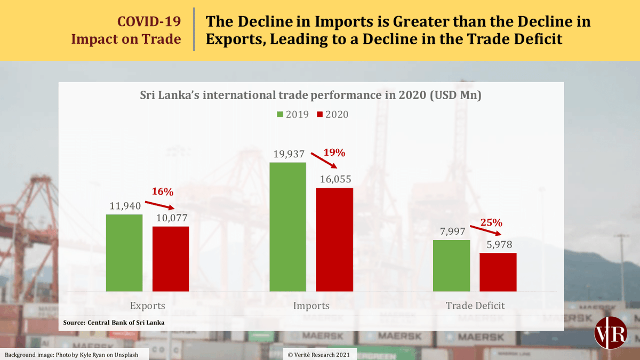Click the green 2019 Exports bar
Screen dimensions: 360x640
(124, 253)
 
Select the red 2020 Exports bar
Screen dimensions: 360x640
(171, 259)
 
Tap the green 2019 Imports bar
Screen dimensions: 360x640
(287, 227)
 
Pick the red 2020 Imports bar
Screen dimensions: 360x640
(334, 239)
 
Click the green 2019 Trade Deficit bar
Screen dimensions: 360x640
(451, 266)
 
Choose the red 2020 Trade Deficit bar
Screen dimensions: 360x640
(498, 272)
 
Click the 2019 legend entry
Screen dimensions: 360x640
(293, 115)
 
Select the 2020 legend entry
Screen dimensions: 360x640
(332, 115)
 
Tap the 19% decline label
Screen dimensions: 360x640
(335, 153)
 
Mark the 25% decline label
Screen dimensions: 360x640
(492, 222)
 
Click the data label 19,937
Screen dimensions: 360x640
(288, 155)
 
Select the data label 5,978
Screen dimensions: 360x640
(498, 245)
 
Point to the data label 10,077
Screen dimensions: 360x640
(171, 218)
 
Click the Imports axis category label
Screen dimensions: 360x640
(311, 306)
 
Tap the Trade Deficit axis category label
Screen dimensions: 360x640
(475, 306)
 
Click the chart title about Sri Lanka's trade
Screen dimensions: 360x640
(310, 97)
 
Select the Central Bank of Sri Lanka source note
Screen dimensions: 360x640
(114, 323)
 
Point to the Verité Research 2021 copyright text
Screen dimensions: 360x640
(320, 354)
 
